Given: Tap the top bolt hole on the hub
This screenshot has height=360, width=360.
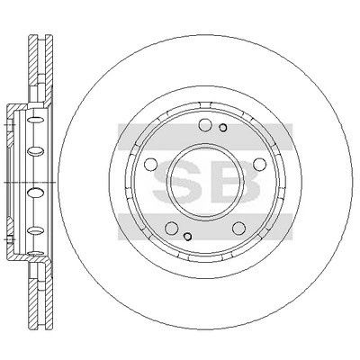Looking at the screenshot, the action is click(x=205, y=125).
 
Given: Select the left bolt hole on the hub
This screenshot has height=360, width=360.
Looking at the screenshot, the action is click(x=151, y=164).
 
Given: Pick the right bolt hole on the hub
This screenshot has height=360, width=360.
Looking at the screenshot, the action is click(x=260, y=164).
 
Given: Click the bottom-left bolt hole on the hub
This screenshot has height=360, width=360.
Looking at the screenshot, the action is click(x=172, y=229).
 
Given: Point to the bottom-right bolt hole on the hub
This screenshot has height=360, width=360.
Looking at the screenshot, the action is click(x=238, y=229).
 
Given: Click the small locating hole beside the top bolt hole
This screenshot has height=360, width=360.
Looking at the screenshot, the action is click(x=223, y=128).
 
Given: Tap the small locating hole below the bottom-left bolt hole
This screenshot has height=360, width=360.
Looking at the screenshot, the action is click(x=187, y=237).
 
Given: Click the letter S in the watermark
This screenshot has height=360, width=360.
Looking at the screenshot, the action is click(x=177, y=182).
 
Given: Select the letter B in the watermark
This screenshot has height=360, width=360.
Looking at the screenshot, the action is click(x=238, y=182).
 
